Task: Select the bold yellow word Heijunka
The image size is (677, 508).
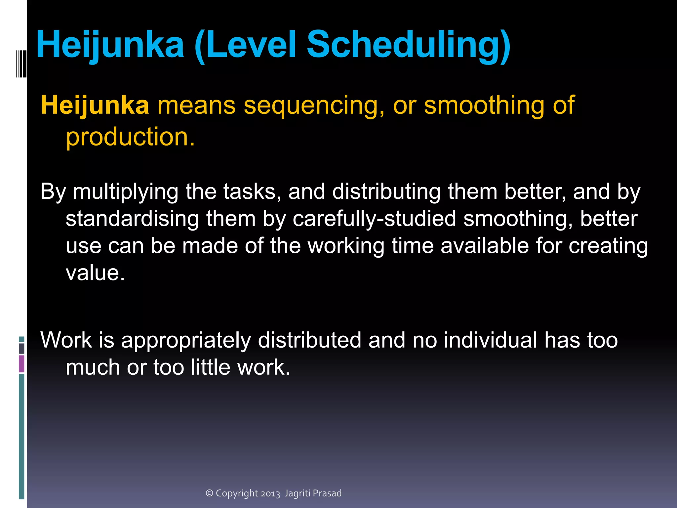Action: (x=95, y=105)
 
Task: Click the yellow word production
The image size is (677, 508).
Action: (x=130, y=137)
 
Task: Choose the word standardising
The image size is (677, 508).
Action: (x=132, y=219)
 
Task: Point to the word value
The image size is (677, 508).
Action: (x=95, y=273)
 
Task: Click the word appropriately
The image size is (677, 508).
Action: (x=186, y=341)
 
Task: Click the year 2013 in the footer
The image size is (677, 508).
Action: (x=270, y=493)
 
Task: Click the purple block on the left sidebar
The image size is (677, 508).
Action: (x=21, y=364)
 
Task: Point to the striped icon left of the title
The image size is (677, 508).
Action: (x=21, y=64)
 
